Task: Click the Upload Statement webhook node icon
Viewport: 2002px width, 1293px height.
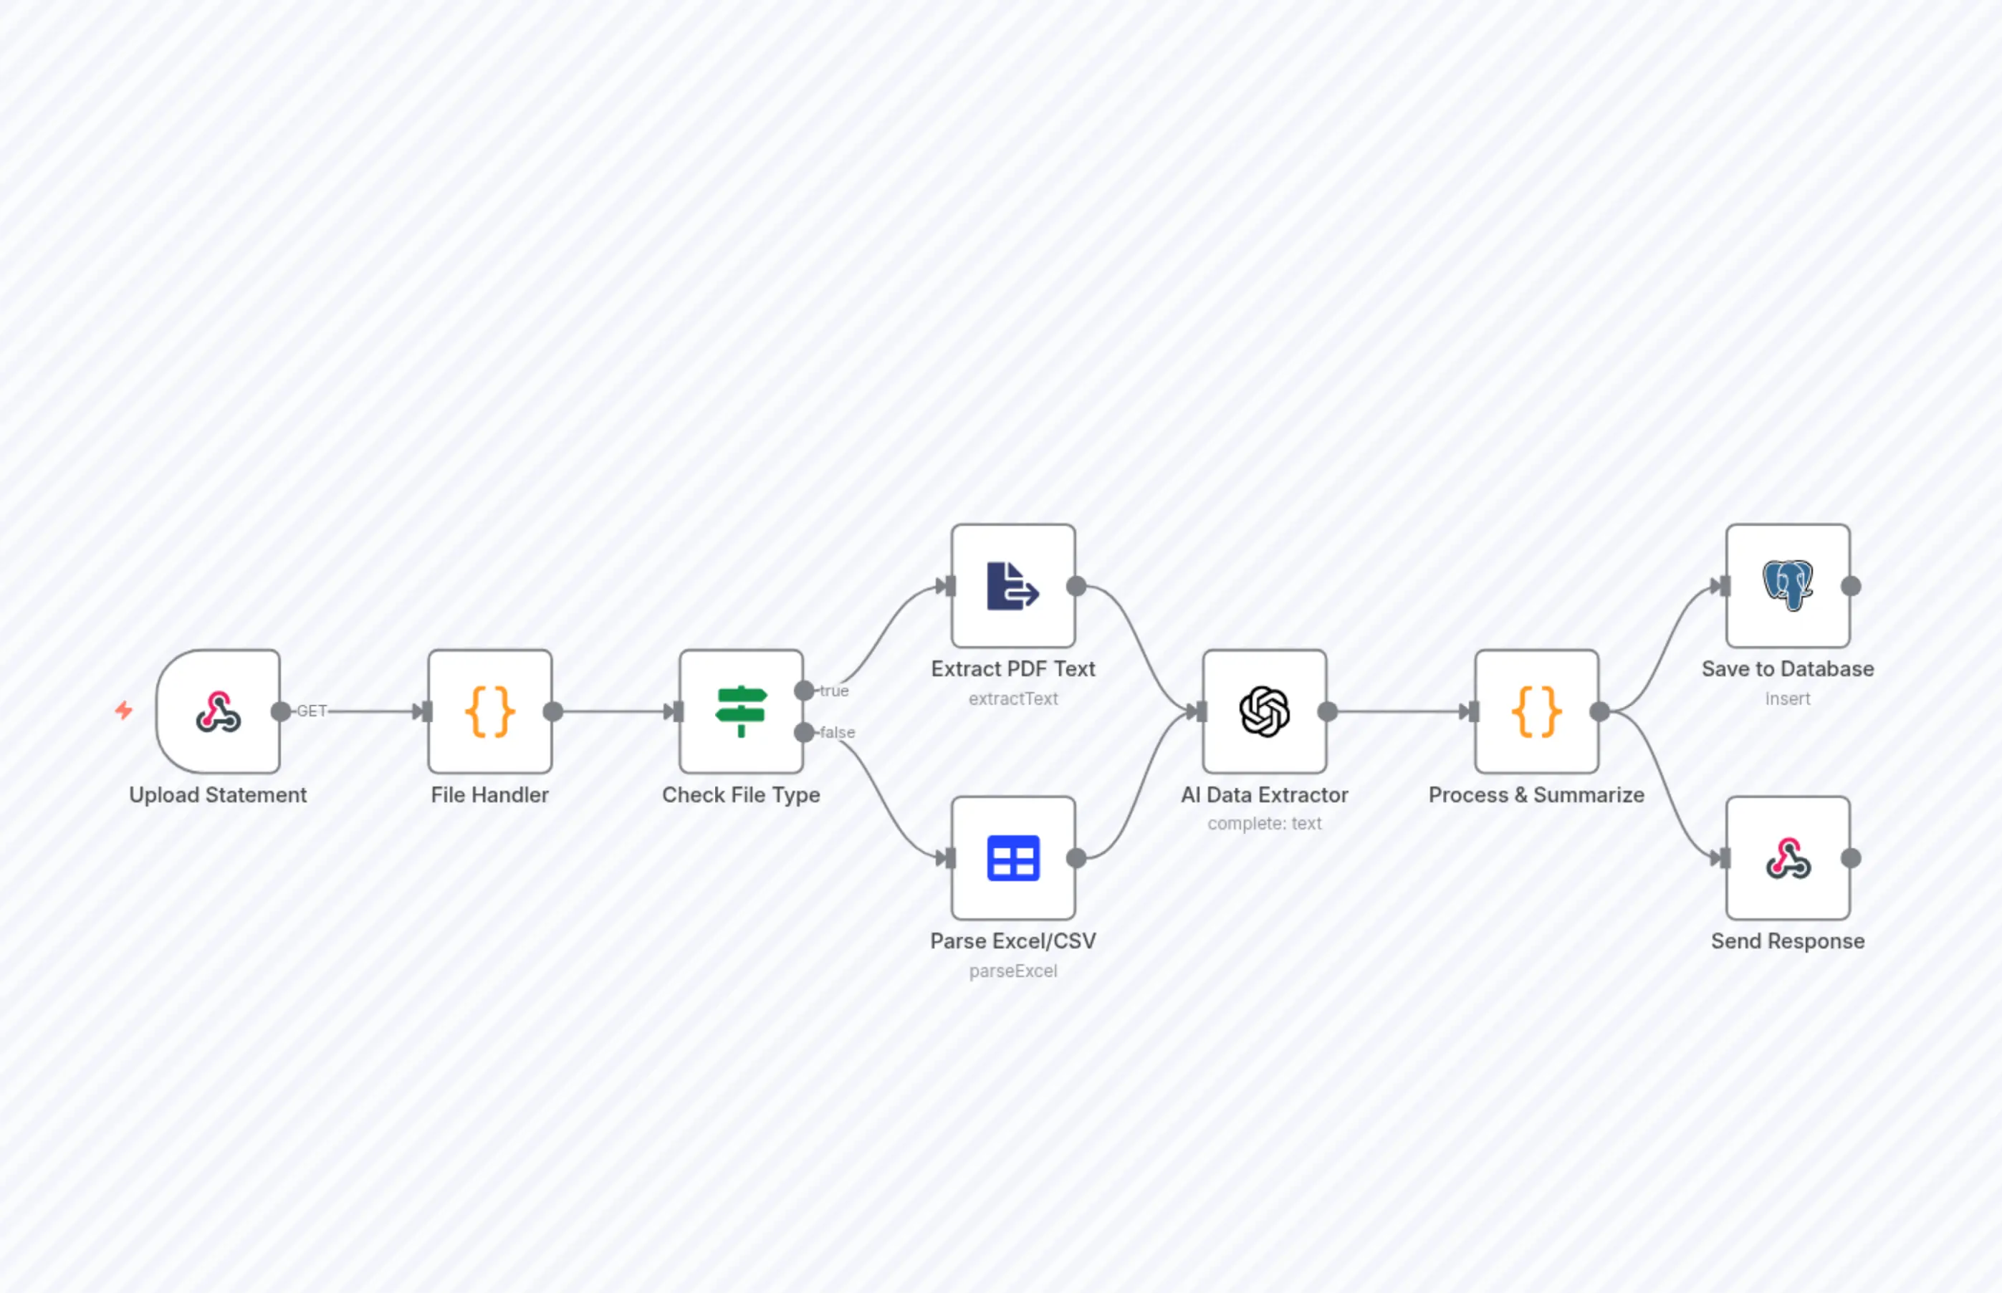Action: click(x=219, y=711)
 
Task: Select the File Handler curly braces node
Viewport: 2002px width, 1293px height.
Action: click(x=489, y=711)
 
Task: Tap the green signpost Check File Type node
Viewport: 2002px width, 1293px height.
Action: click(x=741, y=711)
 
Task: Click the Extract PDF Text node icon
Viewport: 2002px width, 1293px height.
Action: click(x=1012, y=586)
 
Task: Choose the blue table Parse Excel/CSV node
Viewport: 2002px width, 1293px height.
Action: click(x=1012, y=858)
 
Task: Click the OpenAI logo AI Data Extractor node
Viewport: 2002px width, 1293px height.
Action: click(x=1264, y=711)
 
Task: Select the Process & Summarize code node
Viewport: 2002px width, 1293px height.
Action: click(x=1536, y=711)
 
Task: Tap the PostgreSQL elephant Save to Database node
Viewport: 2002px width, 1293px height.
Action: click(x=1787, y=586)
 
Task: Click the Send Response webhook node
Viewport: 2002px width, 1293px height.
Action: click(x=1787, y=858)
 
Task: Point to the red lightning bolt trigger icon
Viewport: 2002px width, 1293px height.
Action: click(x=124, y=711)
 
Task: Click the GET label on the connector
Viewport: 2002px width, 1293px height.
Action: click(x=312, y=711)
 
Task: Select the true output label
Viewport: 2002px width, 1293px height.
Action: click(x=834, y=691)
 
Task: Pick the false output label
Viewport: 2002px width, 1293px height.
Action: click(x=837, y=732)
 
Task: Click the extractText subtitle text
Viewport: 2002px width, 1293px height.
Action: click(x=1012, y=698)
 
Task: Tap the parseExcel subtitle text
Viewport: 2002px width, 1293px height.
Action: click(x=1012, y=971)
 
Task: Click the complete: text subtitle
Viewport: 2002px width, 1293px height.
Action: click(x=1264, y=824)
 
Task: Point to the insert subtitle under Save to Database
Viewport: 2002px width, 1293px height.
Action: click(x=1787, y=698)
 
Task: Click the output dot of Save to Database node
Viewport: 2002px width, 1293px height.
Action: click(x=1850, y=586)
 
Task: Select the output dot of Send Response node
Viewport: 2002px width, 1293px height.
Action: click(x=1850, y=858)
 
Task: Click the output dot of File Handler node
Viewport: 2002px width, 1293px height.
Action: click(x=552, y=712)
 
